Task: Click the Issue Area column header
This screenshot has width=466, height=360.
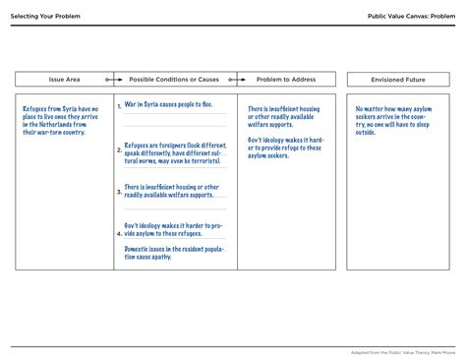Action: pos(64,79)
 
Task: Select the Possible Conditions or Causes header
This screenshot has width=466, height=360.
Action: pos(174,79)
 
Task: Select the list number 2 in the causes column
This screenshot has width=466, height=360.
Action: pos(119,151)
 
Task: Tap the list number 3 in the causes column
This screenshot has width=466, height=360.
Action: pos(119,192)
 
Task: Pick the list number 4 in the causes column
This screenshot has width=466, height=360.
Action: pos(119,234)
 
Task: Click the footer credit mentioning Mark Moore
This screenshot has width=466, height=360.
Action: pos(406,351)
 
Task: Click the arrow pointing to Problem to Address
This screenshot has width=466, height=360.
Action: pos(236,79)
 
